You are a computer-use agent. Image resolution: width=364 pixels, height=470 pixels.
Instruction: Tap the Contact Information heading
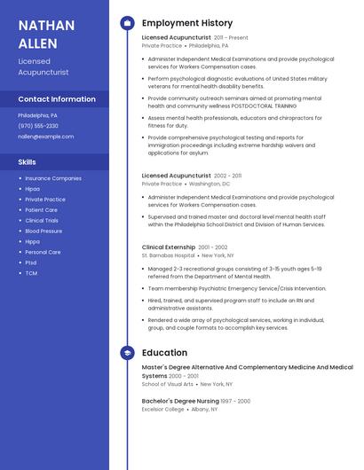point(57,99)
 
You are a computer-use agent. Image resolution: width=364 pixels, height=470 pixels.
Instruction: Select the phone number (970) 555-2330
point(38,126)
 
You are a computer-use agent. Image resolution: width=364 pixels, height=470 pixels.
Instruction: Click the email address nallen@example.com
point(46,137)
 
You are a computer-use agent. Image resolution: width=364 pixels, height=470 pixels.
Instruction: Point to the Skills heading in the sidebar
point(28,162)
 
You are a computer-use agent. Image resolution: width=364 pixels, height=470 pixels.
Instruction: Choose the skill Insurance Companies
point(53,178)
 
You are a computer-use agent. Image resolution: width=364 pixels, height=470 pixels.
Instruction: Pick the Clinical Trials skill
point(42,220)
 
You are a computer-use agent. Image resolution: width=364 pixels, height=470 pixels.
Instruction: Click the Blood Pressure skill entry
point(44,231)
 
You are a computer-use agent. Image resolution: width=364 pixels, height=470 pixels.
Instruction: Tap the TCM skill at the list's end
point(31,273)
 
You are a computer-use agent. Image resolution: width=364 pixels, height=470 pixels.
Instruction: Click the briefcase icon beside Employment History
point(127,23)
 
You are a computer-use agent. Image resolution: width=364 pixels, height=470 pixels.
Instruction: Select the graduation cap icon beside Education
point(127,353)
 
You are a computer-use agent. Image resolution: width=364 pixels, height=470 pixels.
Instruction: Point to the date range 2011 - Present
point(231,38)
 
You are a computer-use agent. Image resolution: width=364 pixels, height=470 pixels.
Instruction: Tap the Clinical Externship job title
point(169,247)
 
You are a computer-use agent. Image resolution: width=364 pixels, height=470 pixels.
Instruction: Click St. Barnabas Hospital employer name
point(168,255)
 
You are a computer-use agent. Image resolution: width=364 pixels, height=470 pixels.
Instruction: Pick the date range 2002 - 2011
point(227,176)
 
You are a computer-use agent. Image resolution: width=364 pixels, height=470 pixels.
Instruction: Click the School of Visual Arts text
point(167,384)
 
